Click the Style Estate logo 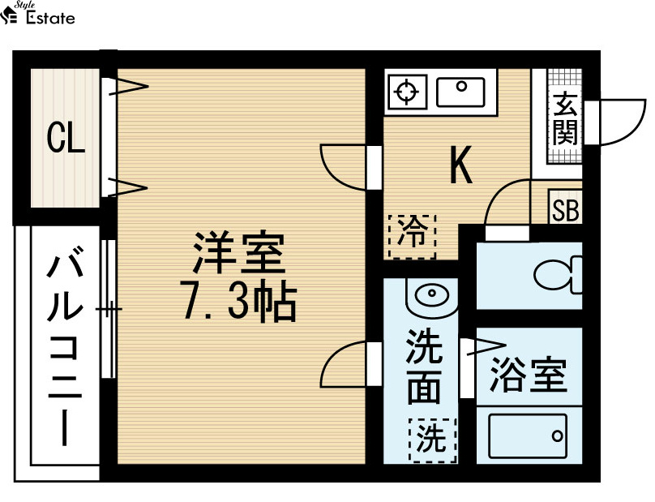coord(37,13)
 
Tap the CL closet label coord(66,138)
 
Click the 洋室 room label coord(239,251)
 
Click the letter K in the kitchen coord(460,165)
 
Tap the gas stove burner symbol coord(407,92)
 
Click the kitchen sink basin coord(460,92)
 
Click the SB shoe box coord(565,207)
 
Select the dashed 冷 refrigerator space coord(412,237)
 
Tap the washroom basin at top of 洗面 coord(431,297)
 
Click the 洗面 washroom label coord(425,367)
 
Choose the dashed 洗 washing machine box coord(432,440)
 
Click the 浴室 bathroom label coord(529,375)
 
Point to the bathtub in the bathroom coord(528,436)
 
